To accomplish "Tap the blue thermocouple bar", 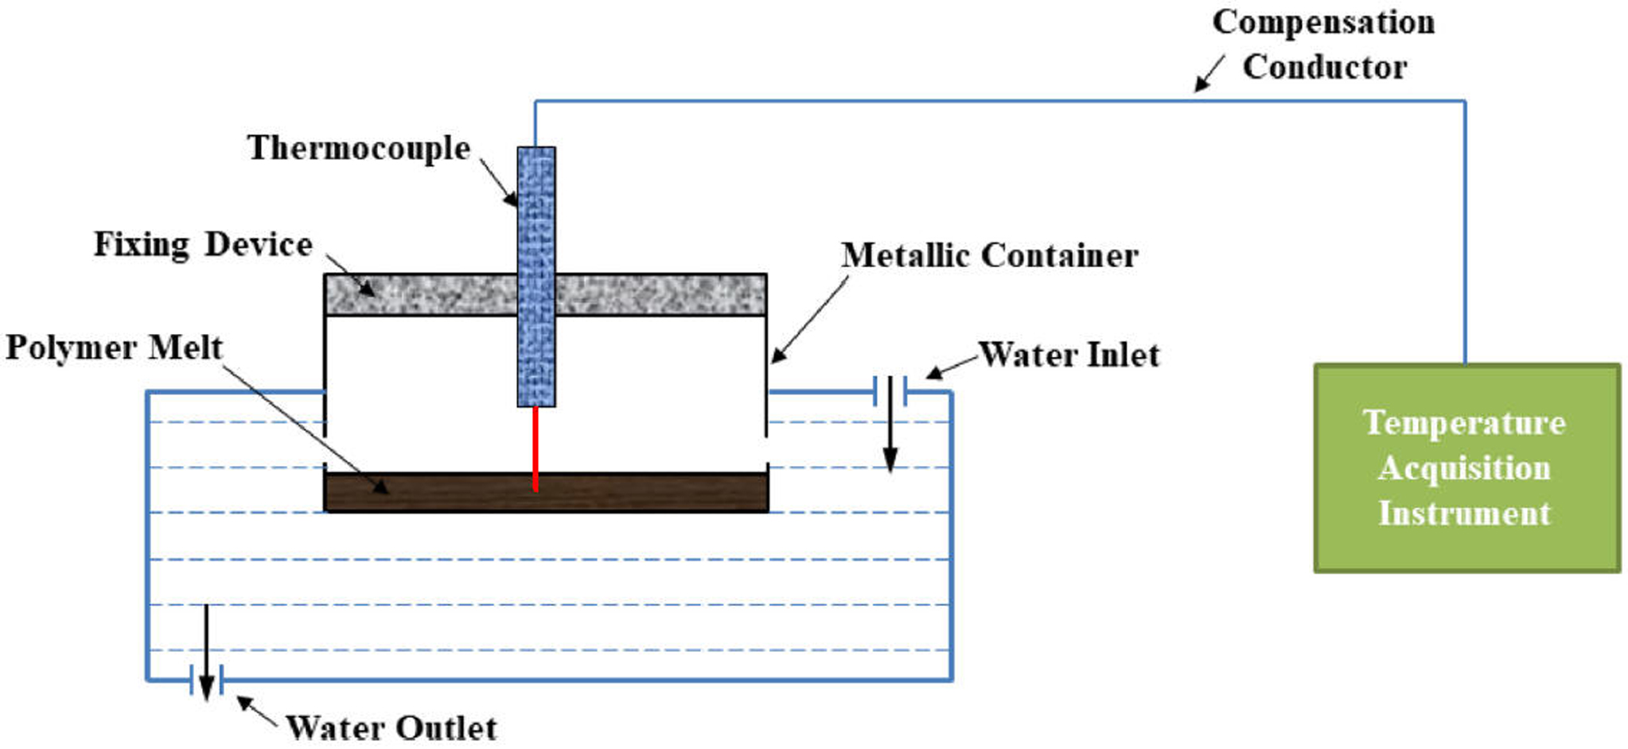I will coord(536,239).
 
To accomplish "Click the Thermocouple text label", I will coord(359,149).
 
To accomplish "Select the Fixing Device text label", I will coord(203,245).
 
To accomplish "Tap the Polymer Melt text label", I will coord(114,348).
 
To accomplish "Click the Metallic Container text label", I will coord(989,256).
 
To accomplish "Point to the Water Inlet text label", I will coord(1069,355).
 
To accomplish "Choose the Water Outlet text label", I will coord(391,728).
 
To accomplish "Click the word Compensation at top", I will coord(1323,22).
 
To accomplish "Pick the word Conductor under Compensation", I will coord(1325,68).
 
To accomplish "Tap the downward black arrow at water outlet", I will coord(206,652).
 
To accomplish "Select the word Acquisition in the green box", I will coord(1464,468).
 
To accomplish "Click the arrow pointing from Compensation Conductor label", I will coord(1209,74).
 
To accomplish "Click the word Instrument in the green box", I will coord(1464,514).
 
